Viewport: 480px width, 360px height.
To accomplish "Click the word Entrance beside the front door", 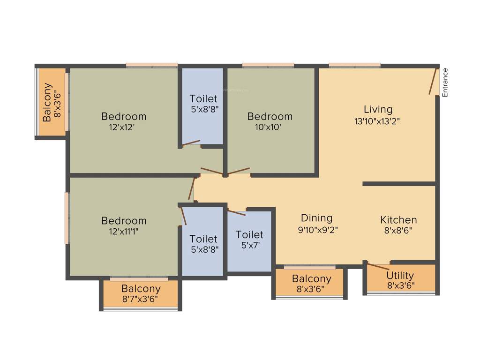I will coord(445,82).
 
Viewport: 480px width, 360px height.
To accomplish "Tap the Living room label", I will coord(378,109).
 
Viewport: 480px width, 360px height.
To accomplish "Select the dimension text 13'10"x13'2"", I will coord(377,121).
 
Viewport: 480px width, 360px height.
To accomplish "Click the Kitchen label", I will coord(398,220).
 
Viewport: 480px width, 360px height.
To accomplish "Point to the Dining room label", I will coord(316,218).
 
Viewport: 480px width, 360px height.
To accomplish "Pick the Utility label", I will coord(400,275).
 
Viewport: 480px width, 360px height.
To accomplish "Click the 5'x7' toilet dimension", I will coord(249,245).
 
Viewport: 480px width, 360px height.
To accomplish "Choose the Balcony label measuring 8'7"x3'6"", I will coord(141,289).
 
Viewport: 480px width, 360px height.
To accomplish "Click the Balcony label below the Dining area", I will coord(311,279).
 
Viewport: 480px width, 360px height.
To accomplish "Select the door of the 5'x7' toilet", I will coord(236,212).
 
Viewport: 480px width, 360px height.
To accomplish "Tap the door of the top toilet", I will coord(191,142).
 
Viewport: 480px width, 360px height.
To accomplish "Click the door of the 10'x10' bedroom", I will coord(239,171).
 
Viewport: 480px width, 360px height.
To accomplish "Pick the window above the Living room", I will coord(354,65).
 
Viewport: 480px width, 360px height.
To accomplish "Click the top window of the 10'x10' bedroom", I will coord(268,65).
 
